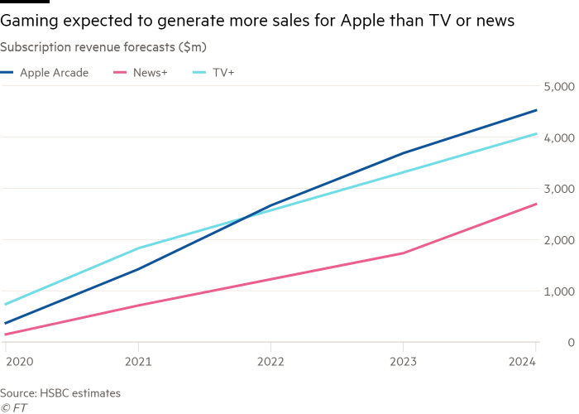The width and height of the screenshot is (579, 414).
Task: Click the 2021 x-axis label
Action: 137,362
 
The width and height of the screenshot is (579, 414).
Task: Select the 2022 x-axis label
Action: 270,362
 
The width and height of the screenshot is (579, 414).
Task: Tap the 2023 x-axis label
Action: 403,362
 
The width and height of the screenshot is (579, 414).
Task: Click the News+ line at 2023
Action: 403,253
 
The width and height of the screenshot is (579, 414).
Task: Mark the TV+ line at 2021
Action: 137,248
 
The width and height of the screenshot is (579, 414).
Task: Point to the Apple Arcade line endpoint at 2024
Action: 536,110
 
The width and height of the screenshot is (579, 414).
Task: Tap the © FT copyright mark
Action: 13,407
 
